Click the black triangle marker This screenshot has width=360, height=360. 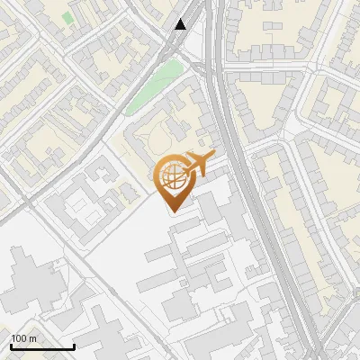tap(181, 24)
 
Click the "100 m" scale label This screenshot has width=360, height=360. tap(23, 338)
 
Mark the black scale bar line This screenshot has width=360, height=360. tap(42, 347)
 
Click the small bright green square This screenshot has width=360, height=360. tap(68, 17)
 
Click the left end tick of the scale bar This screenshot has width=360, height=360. tap(11, 346)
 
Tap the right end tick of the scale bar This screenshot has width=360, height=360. tap(74, 346)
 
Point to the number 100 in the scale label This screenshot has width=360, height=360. tap(19, 338)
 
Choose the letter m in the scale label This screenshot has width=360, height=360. tap(32, 338)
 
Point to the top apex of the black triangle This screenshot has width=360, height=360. tap(181, 19)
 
